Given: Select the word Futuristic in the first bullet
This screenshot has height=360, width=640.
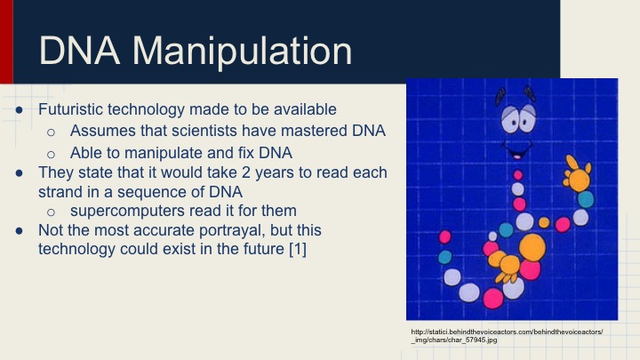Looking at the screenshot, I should (72, 110).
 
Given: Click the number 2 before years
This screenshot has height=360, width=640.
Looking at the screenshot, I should (270, 172).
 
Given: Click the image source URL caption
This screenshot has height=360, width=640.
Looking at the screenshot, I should (507, 336).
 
